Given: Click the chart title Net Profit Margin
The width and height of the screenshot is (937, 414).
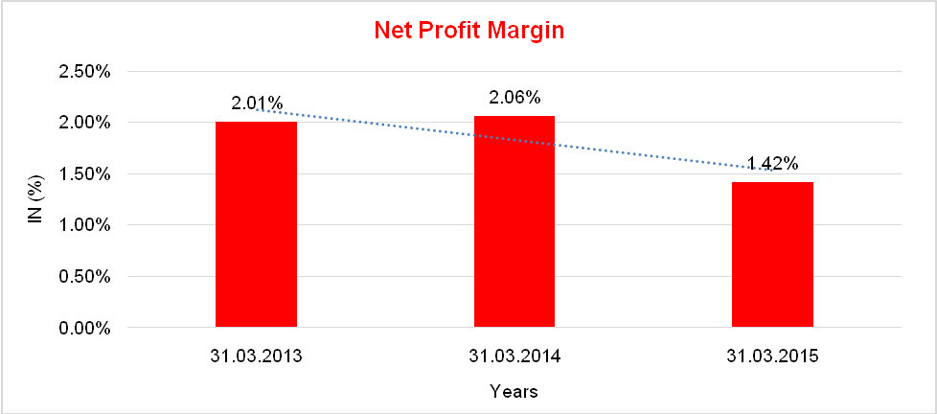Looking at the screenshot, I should pos(468,30).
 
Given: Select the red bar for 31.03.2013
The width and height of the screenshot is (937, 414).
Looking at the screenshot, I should pos(256,225).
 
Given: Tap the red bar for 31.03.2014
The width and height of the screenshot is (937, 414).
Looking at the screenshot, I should pos(514,222).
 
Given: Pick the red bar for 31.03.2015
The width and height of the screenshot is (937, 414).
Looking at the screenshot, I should pos(772,255).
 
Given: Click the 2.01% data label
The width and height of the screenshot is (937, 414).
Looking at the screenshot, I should pos(256,103).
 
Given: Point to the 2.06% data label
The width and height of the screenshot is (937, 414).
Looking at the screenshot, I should pos(514,97).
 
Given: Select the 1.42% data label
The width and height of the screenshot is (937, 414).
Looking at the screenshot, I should pos(772,163).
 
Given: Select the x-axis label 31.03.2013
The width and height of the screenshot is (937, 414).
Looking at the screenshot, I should pos(256,356).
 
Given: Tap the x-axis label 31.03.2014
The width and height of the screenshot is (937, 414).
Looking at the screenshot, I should pos(514,356).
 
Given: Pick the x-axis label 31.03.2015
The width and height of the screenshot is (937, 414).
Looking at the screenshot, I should pos(772,356).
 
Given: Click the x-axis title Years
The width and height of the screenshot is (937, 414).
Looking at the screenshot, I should pos(514,391).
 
